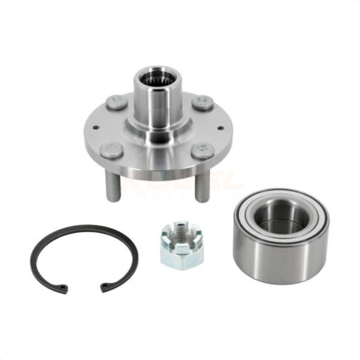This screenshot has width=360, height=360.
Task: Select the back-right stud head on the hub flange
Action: coord(201,102)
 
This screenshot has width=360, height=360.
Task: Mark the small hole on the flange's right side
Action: coord(219,127)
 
